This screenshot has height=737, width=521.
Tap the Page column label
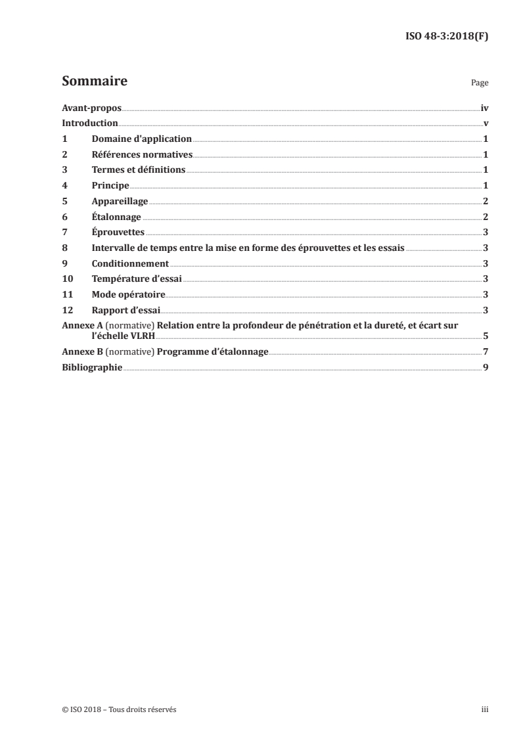click(x=480, y=84)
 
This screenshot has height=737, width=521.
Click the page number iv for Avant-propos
click(x=484, y=108)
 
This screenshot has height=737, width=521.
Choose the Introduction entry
click(x=90, y=123)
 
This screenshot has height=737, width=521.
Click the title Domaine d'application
click(x=141, y=139)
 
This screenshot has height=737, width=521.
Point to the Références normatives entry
click(x=142, y=154)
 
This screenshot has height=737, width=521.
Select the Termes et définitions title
click(x=139, y=170)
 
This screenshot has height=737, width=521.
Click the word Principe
click(x=110, y=186)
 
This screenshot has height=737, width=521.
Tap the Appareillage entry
click(x=120, y=201)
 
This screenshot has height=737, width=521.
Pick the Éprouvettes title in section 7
click(x=118, y=232)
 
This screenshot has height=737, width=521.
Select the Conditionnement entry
click(x=130, y=263)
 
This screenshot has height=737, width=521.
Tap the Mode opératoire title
click(x=128, y=294)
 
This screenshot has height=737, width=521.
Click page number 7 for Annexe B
click(x=485, y=351)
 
